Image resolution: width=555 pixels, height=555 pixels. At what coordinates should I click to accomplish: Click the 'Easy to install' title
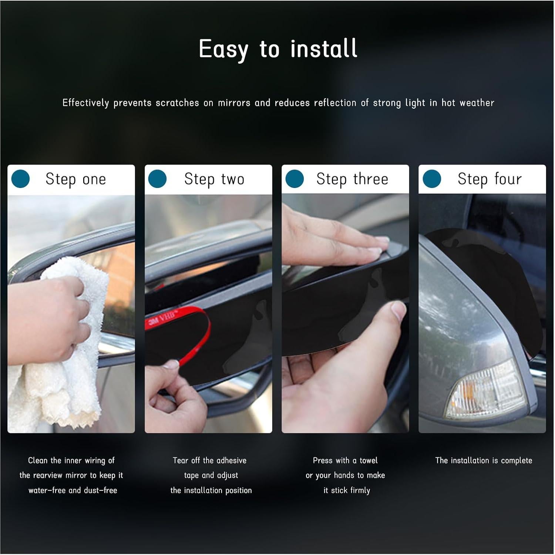pos(278,49)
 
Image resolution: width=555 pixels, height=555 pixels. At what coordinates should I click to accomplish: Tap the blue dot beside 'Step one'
pos(20,179)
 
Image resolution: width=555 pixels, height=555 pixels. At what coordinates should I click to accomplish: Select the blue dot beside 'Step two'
pos(157,179)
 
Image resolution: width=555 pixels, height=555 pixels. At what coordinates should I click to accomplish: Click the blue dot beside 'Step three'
pos(295,179)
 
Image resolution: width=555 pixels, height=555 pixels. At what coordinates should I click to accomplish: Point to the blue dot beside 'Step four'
pos(432,179)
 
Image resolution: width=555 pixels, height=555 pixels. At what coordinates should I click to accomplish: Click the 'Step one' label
pos(76,179)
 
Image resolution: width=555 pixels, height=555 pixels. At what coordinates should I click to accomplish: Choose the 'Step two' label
pos(214,179)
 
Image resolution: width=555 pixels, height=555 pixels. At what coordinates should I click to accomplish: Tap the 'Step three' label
pos(352,179)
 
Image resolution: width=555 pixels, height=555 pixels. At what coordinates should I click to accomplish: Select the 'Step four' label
pos(490,179)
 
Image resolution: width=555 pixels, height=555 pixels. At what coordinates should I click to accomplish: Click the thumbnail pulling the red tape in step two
pos(171,364)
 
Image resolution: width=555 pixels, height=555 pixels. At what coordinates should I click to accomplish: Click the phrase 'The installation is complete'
pos(484,461)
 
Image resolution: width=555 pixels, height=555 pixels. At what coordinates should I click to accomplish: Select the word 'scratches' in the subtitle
pos(177,103)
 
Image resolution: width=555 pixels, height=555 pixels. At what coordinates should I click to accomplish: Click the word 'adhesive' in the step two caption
pos(231,461)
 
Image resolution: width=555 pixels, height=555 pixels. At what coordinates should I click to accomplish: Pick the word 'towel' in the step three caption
pos(369,461)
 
